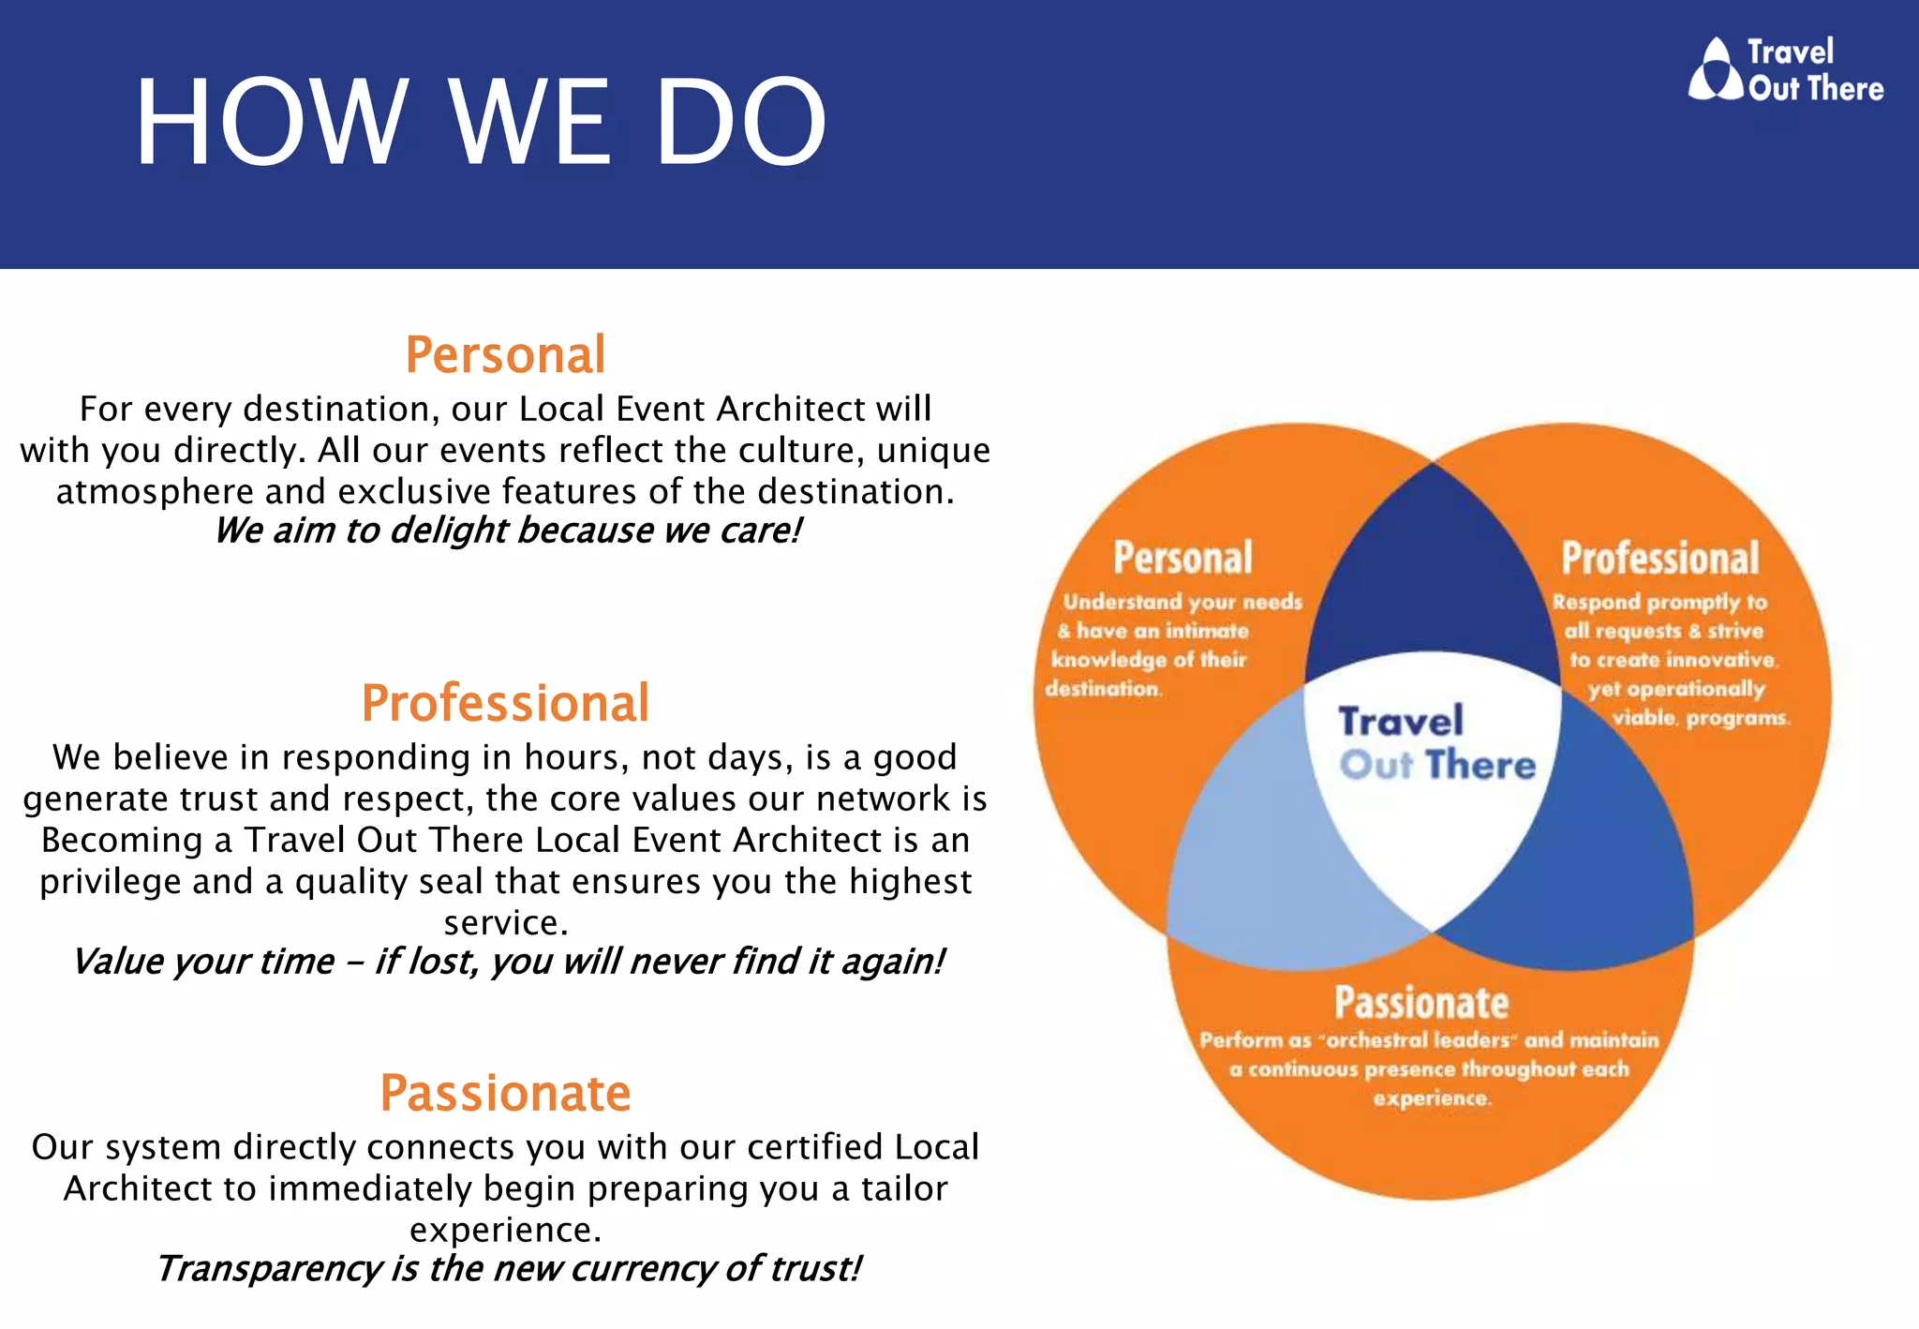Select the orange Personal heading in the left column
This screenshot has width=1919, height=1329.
[505, 355]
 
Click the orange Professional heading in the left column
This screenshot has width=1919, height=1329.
[505, 703]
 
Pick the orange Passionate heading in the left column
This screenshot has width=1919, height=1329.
[505, 1093]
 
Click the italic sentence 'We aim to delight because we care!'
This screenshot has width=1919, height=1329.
[507, 530]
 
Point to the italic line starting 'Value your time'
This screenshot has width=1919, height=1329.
[507, 962]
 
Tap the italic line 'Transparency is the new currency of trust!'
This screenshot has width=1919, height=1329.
[507, 1268]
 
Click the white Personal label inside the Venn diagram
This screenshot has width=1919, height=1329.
[1183, 558]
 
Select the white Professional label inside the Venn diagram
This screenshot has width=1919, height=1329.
[1659, 558]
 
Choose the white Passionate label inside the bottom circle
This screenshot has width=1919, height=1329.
[1421, 1002]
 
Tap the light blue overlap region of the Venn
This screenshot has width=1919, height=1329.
[1246, 862]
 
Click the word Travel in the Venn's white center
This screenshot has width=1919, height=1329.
[1400, 722]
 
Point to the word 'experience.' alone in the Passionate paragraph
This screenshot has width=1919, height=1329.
[505, 1229]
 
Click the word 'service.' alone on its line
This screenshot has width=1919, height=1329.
[505, 922]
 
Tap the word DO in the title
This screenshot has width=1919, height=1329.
[740, 123]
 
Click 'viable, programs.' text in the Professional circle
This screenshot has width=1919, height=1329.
[1700, 719]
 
